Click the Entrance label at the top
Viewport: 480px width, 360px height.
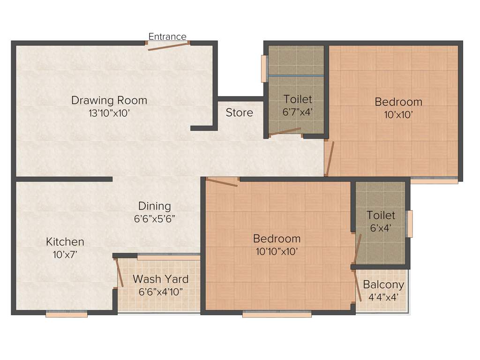[x=167, y=37]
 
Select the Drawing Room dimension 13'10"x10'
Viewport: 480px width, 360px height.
[x=109, y=113]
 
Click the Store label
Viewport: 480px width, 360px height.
[x=239, y=112]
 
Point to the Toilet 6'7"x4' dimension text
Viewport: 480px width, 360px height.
[x=297, y=112]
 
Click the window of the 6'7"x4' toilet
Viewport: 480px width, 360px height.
[x=264, y=69]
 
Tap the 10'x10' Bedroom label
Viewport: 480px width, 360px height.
[x=398, y=102]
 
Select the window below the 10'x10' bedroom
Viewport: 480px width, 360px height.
[x=434, y=180]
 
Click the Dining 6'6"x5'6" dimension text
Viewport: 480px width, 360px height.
[x=155, y=218]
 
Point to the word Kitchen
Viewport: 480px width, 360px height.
[x=65, y=242]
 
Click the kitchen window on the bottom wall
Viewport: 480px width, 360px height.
[x=67, y=315]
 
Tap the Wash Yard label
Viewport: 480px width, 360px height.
[x=160, y=279]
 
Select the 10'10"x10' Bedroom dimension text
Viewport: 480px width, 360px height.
[x=277, y=251]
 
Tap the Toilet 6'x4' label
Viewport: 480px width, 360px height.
[x=381, y=215]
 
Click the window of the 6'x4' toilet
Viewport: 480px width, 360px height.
[x=409, y=224]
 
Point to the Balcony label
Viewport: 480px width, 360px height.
[x=383, y=285]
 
